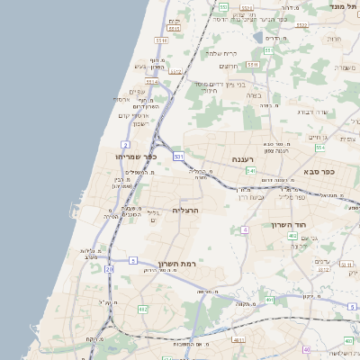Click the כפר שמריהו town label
(137, 157)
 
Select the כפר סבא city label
(319, 171)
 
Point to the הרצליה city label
(184, 210)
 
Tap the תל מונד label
(346, 6)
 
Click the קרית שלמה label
(220, 52)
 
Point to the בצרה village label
(253, 94)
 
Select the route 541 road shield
(251, 169)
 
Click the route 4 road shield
(244, 230)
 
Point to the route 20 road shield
(110, 269)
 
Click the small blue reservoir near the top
(258, 38)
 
